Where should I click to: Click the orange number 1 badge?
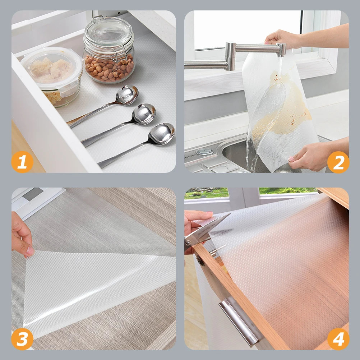pos(22,162)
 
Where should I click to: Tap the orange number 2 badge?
pos(338,162)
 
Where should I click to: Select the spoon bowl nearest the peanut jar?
pos(127,95)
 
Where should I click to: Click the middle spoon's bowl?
pos(144,114)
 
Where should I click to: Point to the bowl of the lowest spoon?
pos(161,134)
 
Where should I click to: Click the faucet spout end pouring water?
pos(281,50)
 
